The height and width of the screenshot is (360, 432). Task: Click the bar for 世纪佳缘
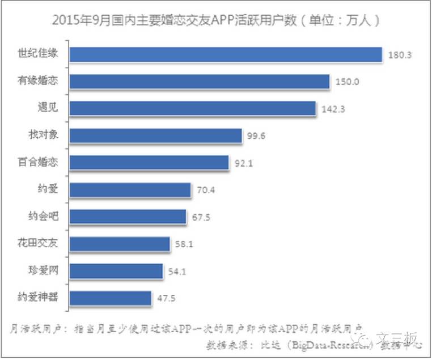tap(226, 54)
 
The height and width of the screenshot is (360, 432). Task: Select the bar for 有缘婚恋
tap(200, 82)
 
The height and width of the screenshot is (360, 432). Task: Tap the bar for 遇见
tap(193, 108)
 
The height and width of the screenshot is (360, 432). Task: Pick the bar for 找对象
tap(156, 135)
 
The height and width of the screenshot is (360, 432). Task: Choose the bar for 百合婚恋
tap(150, 162)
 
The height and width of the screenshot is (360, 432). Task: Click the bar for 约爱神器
tap(111, 297)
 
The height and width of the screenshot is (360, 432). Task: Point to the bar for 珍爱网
tap(117, 270)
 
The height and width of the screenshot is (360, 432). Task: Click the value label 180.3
tap(399, 56)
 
